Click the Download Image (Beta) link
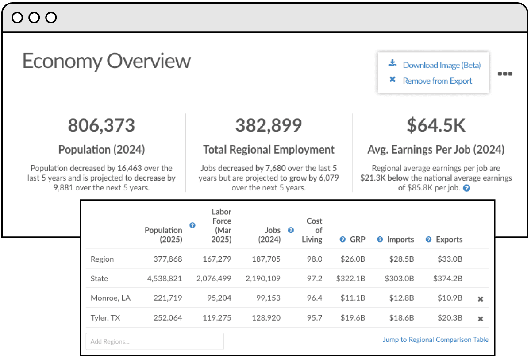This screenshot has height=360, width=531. [441, 65]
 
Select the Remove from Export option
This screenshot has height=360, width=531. [437, 81]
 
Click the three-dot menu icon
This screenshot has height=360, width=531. [505, 74]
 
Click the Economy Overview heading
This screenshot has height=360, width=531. [107, 61]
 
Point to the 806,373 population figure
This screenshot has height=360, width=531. [101, 125]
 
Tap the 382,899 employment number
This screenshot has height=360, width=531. [269, 125]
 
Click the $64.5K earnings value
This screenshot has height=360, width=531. [436, 125]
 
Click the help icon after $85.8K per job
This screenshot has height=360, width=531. [466, 188]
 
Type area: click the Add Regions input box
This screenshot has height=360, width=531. [154, 341]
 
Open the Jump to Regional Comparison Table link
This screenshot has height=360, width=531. [435, 340]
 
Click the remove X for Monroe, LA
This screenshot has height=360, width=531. [480, 299]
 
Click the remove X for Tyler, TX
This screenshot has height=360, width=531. [480, 319]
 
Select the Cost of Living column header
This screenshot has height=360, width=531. [314, 230]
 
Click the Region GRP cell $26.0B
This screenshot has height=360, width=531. [353, 259]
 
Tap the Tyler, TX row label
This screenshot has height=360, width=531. [105, 318]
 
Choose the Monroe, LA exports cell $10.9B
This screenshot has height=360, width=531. [450, 298]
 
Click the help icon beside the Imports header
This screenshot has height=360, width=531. [380, 240]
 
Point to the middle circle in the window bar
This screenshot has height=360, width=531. [34, 18]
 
